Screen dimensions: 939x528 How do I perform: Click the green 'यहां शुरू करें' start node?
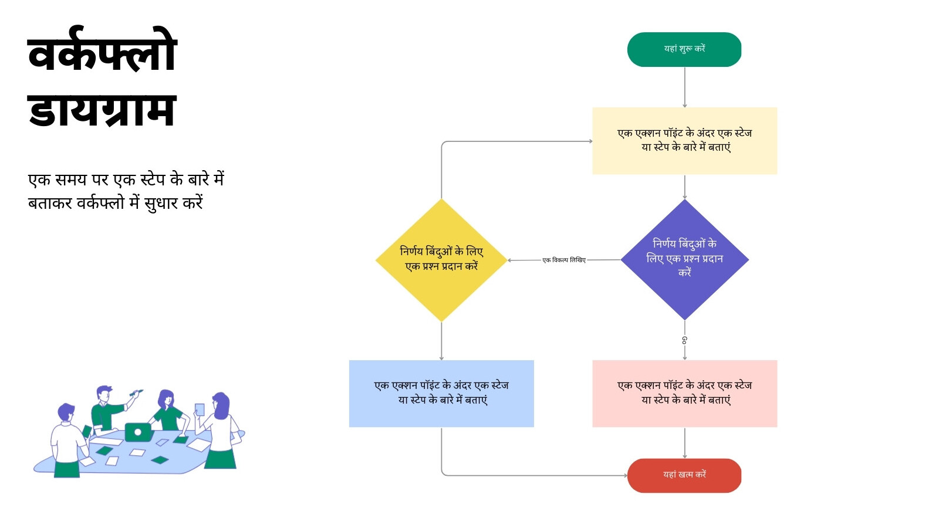(684, 49)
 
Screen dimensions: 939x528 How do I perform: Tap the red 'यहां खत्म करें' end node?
(684, 476)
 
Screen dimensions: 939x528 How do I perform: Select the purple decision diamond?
(684, 260)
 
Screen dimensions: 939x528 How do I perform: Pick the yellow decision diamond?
(441, 260)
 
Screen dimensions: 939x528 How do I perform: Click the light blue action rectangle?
(441, 394)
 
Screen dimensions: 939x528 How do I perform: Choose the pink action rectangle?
(684, 394)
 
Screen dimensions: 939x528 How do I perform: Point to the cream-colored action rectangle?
(684, 141)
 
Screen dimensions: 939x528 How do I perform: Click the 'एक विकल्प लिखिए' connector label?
(564, 260)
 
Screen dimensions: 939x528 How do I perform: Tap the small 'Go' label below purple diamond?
(684, 340)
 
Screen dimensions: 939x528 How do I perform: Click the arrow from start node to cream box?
(684, 87)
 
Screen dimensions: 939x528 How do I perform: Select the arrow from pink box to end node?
(684, 443)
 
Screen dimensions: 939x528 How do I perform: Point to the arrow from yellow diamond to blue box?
(441, 341)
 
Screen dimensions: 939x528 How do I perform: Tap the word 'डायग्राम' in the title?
(102, 110)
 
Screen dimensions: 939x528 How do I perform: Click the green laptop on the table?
(138, 432)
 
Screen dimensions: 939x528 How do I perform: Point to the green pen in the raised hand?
(136, 392)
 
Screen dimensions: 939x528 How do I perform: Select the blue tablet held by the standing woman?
(200, 409)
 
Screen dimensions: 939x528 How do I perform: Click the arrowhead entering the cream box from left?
(590, 141)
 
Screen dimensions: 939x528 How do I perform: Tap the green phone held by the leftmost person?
(87, 431)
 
